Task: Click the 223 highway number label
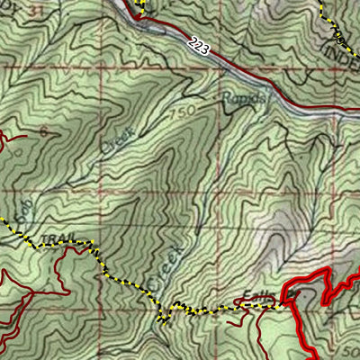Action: click(199, 47)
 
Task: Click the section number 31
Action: click(36, 9)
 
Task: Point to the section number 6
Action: click(42, 131)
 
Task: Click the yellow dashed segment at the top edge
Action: click(139, 6)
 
